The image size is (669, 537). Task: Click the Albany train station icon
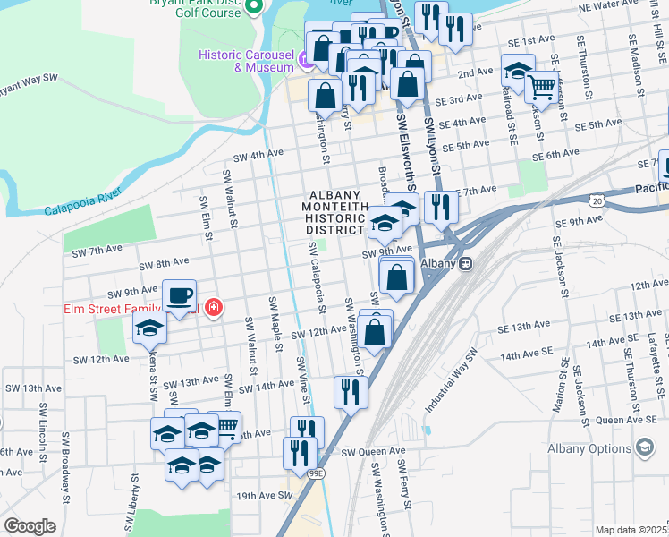[x=465, y=264]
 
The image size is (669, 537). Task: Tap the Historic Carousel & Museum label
[x=246, y=60]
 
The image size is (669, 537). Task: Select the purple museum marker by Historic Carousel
[x=306, y=60]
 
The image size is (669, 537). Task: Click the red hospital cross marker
[x=213, y=309]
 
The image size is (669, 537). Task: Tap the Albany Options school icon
[x=644, y=447]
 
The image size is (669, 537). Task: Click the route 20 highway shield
[x=597, y=200]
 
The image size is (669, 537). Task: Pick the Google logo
[x=30, y=526]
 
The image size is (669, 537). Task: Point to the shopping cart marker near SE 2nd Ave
[x=541, y=88]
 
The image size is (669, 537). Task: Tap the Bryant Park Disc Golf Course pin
[x=253, y=7]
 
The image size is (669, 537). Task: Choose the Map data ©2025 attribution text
[x=631, y=530]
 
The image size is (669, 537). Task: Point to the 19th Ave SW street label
[x=264, y=495]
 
